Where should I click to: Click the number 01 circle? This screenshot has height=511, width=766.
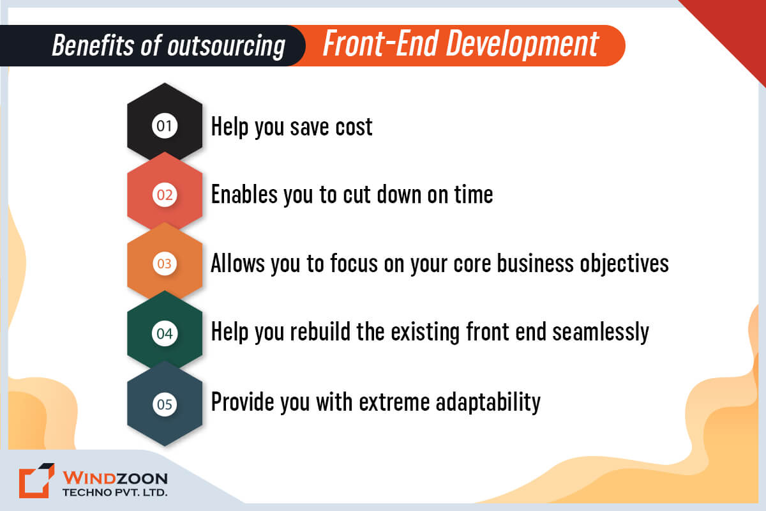point(165,126)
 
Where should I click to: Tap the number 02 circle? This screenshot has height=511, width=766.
point(165,195)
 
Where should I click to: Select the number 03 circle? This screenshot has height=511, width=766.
point(165,263)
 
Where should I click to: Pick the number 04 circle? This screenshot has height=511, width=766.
point(165,333)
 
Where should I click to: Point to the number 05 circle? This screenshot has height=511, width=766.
point(165,404)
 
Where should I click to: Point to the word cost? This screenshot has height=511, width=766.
point(354,126)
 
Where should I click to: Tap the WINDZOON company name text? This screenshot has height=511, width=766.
point(114,478)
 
